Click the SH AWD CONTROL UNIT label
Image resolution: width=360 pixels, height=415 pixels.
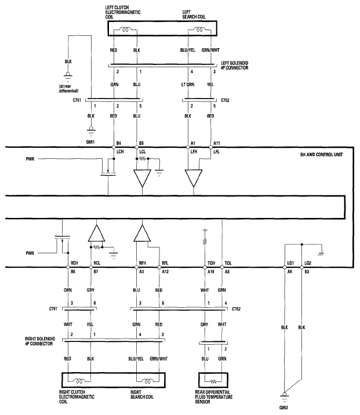point(321,155)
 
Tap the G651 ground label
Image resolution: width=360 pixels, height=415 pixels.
point(90,142)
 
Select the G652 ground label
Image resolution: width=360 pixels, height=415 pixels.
point(283,407)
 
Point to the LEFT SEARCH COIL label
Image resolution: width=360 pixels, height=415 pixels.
point(194,14)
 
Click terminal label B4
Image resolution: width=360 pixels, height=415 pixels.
point(119,143)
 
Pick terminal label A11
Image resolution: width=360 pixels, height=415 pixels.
point(217,143)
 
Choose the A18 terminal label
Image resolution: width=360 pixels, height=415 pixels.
point(210,272)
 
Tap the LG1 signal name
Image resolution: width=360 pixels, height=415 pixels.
point(290,263)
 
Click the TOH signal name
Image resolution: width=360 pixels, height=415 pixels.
point(211,263)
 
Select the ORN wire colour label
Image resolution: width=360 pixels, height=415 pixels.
point(68,290)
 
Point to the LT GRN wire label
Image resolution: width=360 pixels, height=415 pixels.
point(188,85)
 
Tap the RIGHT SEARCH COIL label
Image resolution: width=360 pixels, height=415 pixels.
point(142,394)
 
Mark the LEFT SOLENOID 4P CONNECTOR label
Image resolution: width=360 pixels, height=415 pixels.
point(235,65)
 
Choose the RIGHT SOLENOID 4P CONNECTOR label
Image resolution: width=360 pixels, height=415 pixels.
point(40,341)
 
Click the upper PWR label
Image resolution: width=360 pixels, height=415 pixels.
point(30,159)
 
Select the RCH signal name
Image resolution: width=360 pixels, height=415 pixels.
point(74,263)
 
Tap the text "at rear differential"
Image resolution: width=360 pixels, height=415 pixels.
point(68,89)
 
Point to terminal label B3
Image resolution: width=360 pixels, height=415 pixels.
point(307,272)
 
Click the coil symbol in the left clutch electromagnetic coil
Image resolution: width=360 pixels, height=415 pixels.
point(125,30)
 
